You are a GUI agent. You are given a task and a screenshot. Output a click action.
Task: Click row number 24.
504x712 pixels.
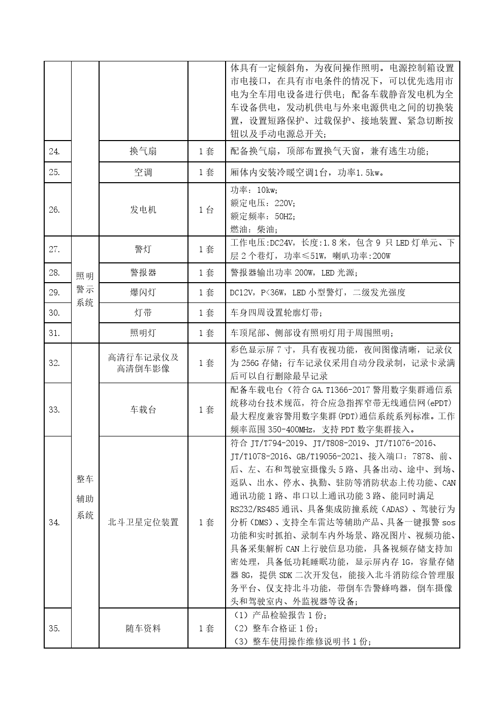(x=54, y=151)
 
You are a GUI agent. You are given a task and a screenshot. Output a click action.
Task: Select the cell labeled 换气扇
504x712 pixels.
(x=143, y=151)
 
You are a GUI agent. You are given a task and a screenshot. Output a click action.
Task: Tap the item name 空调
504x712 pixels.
(x=143, y=173)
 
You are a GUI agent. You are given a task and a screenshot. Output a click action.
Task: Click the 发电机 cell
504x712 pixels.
(x=143, y=210)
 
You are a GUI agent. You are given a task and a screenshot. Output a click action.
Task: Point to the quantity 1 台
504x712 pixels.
(x=206, y=210)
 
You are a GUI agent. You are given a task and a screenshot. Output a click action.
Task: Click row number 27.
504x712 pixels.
(x=54, y=249)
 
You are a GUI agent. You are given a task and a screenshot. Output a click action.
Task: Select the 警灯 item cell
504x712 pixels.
(x=143, y=249)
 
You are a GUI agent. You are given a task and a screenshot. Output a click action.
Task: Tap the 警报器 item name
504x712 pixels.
(x=143, y=273)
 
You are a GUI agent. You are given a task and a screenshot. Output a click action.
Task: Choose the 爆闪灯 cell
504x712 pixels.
(x=143, y=292)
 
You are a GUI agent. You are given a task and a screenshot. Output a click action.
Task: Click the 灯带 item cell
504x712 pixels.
(x=143, y=313)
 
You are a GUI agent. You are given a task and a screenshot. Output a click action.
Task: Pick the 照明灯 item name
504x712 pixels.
(x=143, y=333)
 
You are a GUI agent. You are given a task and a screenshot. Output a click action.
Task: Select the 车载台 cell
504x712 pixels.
(x=143, y=410)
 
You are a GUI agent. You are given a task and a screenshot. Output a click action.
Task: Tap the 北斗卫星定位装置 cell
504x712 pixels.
(x=143, y=522)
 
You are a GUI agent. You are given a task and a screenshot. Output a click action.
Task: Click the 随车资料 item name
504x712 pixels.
(x=143, y=628)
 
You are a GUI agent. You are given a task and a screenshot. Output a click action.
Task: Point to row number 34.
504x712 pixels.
(x=54, y=522)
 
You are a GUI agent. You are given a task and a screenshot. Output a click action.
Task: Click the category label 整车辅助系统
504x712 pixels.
(x=85, y=497)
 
